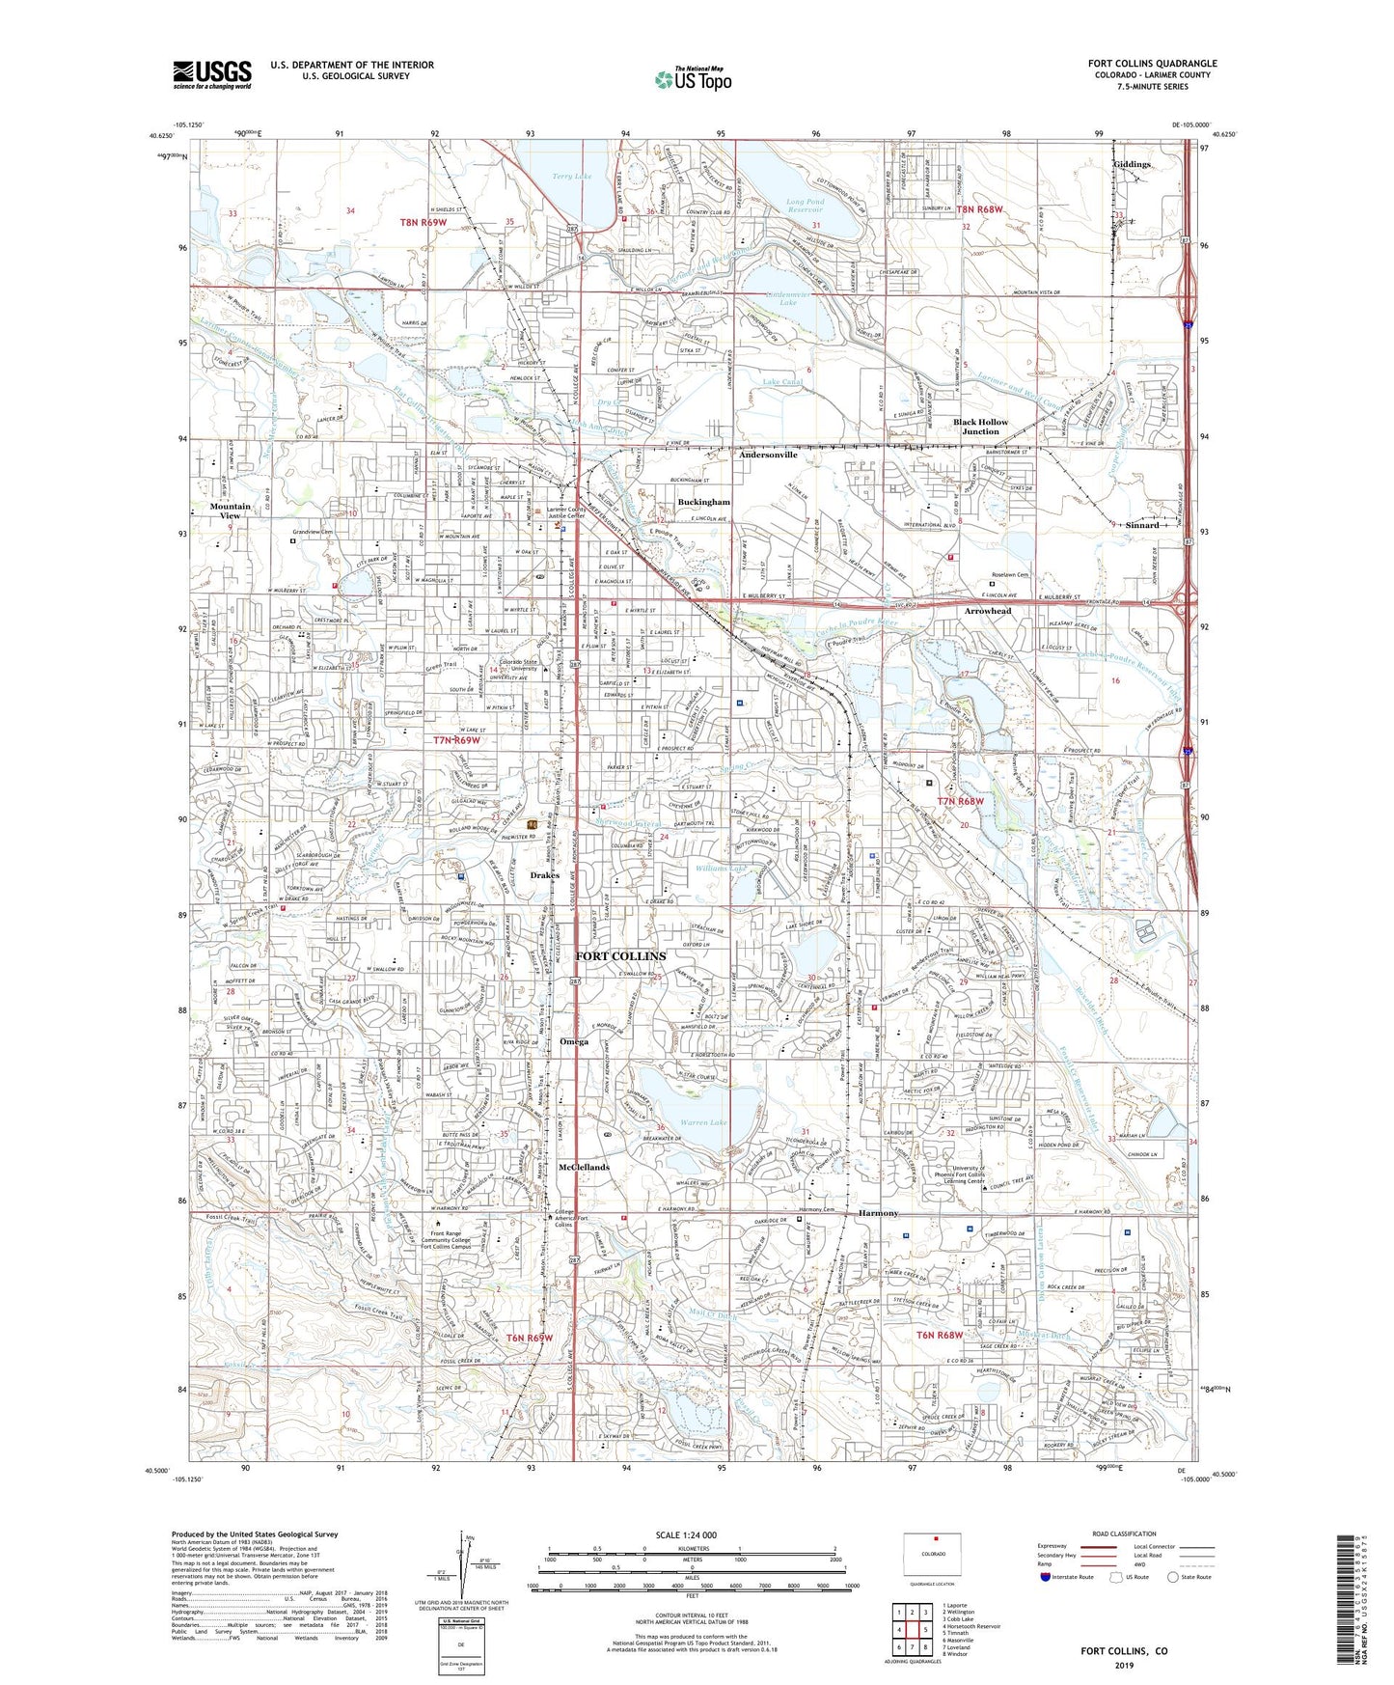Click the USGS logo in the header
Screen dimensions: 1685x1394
(x=212, y=73)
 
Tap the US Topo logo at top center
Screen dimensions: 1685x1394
(x=693, y=79)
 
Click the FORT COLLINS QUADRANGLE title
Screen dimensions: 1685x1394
(x=1152, y=64)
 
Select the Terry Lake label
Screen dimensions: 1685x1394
(x=572, y=177)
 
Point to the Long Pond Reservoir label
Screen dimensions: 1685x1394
(x=805, y=206)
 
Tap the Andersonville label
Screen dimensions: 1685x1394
(x=768, y=455)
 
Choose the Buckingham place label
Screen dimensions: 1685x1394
(x=704, y=503)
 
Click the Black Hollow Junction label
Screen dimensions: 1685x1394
(x=980, y=427)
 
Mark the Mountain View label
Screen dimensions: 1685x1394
(x=230, y=511)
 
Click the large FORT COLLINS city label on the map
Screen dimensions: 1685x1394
(x=620, y=956)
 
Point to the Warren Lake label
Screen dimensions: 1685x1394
(x=704, y=1123)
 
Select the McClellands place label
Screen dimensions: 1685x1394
(x=585, y=1167)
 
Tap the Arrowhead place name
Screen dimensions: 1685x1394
(x=989, y=611)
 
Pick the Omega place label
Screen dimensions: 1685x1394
(x=573, y=1041)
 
